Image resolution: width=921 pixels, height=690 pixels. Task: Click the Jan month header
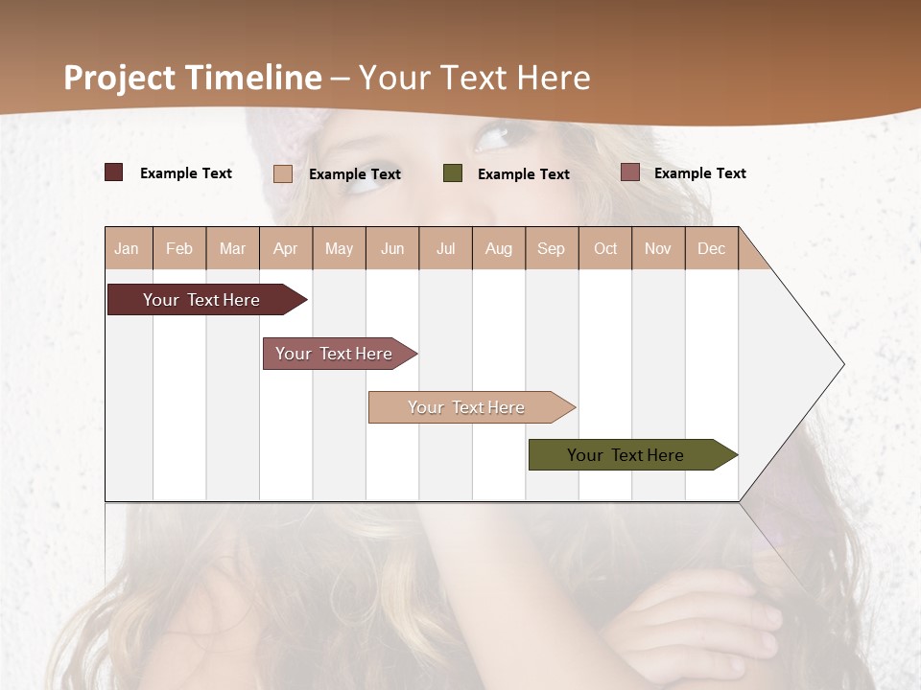coord(127,249)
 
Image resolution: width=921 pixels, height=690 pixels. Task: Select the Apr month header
coord(285,249)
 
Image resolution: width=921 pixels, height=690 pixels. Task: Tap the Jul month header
coord(445,249)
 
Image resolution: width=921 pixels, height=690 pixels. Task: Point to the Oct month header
coord(605,249)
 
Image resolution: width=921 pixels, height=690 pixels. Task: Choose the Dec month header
coord(711,249)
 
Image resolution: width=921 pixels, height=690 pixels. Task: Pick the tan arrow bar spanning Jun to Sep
coord(468,407)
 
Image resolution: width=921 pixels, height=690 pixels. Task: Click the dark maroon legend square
coord(114,172)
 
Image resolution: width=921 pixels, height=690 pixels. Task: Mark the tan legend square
coord(283,173)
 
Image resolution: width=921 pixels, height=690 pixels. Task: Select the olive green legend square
coord(453,173)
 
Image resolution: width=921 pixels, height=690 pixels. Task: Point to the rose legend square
coord(630,172)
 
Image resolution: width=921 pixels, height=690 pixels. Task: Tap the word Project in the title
coord(120,78)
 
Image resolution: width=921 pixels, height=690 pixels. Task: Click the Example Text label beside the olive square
coord(524,174)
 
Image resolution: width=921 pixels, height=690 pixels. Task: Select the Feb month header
coord(179,249)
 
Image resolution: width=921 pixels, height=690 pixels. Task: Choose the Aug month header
coord(498,249)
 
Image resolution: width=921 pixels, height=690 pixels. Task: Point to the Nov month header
coord(658,249)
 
